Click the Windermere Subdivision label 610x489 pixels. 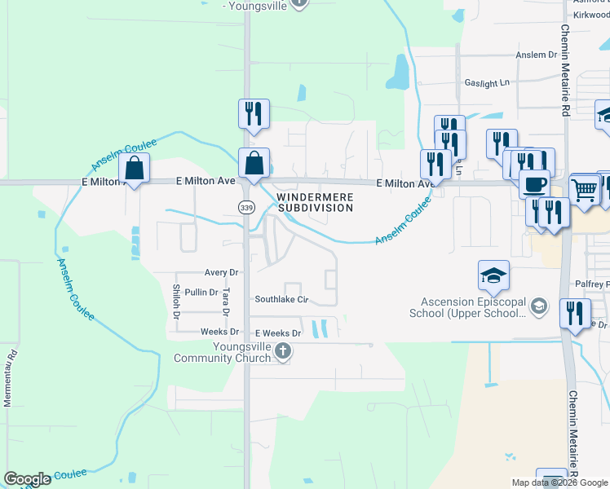coord(314,202)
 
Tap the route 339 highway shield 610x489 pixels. coord(246,208)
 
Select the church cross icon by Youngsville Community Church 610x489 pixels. coord(283,351)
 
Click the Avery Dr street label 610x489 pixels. coord(221,272)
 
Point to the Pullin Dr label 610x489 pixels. coord(201,292)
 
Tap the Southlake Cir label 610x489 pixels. coord(281,299)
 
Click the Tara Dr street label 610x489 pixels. coord(226,301)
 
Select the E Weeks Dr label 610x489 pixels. coord(278,333)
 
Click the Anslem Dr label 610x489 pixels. coord(536,55)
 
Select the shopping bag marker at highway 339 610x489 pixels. coord(254,162)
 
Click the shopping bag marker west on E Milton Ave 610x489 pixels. coord(135,169)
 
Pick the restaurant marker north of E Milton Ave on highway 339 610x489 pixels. coord(254,113)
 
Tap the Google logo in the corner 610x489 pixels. coord(27,479)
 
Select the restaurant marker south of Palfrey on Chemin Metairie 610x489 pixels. coord(576,313)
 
